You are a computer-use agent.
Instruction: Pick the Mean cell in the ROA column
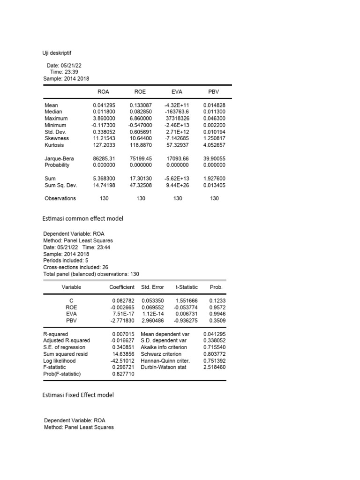coord(104,105)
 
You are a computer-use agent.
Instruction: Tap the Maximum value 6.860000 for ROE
coord(141,119)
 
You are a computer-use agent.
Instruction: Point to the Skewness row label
coord(56,138)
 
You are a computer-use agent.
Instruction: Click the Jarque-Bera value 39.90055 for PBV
coord(214,158)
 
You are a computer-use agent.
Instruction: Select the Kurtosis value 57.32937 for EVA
coord(178,145)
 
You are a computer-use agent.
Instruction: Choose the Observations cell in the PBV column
coord(214,198)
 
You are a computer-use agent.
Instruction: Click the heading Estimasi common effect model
coord(83,219)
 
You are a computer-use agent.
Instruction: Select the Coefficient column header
coord(122,287)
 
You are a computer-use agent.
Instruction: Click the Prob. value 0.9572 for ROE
coord(216,307)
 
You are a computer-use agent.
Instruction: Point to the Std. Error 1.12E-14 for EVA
coord(151,313)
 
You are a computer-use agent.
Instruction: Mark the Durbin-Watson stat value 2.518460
coord(214,367)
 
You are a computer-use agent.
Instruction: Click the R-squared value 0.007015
coord(123,334)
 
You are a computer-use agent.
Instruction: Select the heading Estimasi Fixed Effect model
coord(78,395)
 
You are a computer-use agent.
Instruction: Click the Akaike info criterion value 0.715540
coord(214,347)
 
